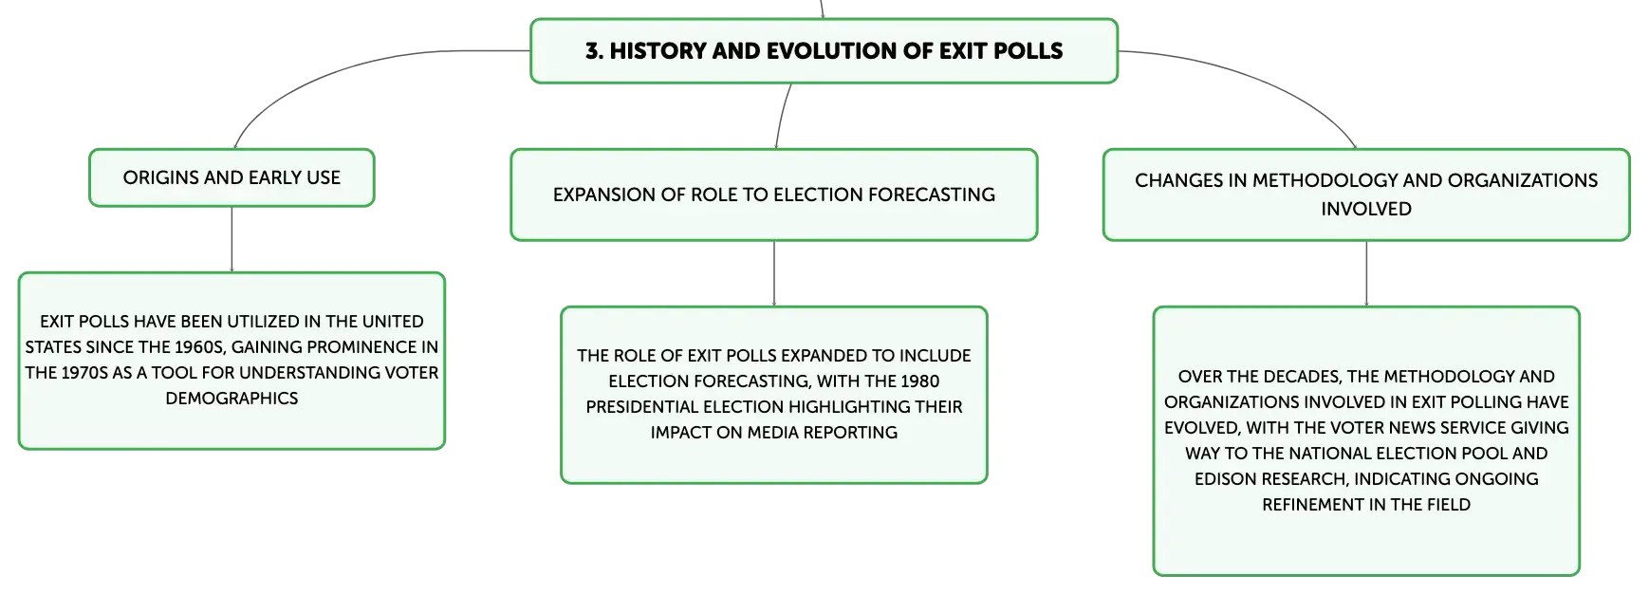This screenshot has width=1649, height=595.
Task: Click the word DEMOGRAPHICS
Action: pyautogui.click(x=232, y=399)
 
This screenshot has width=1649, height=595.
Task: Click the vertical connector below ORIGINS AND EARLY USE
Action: pyautogui.click(x=232, y=239)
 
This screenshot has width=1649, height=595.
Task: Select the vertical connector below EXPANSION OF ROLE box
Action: pyautogui.click(x=774, y=273)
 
